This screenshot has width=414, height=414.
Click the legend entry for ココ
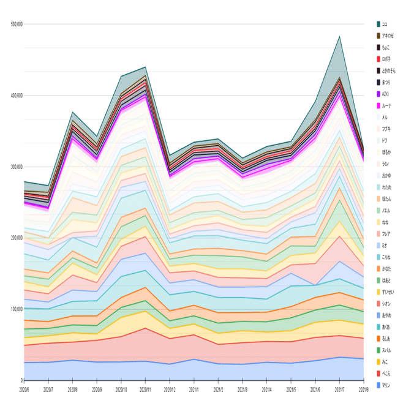point(383,24)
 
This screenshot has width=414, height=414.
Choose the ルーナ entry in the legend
point(385,105)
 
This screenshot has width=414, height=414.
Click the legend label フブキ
point(385,129)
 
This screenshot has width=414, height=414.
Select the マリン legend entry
point(385,385)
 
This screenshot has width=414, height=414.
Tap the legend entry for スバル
point(385,350)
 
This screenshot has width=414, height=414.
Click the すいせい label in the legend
point(386,292)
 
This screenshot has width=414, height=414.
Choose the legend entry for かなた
point(385,268)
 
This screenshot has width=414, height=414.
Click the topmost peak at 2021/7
point(339,36)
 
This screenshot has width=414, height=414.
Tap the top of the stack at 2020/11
point(145,67)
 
